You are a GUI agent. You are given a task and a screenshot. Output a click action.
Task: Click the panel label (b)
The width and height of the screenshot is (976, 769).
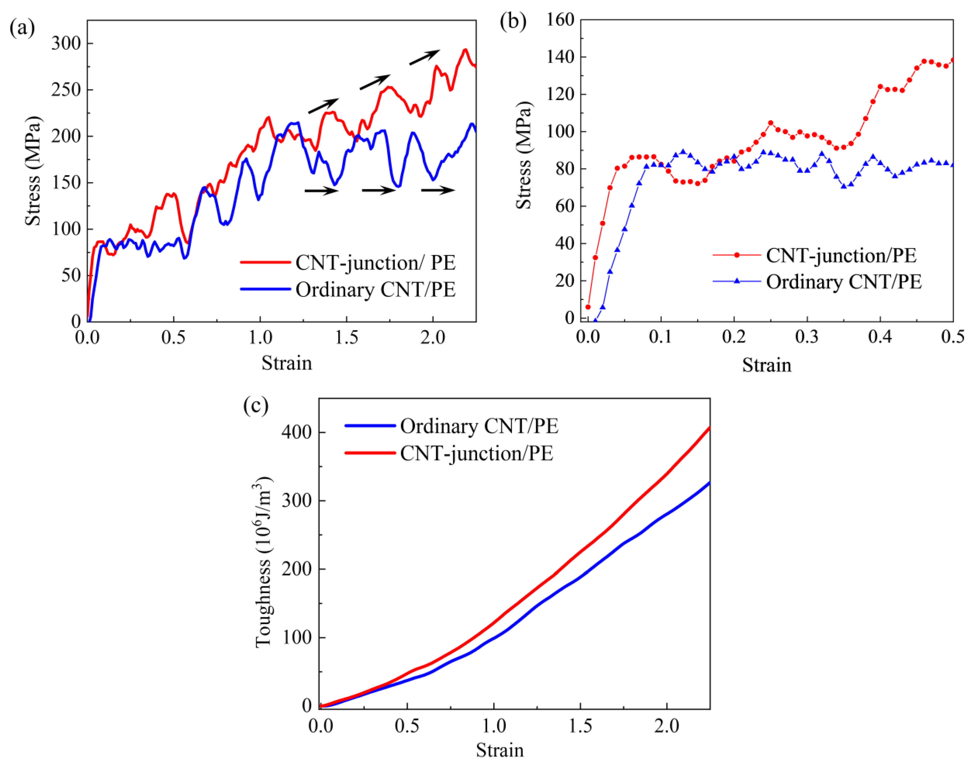513,22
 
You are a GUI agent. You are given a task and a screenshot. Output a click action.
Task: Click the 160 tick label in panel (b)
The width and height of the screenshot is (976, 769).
560,20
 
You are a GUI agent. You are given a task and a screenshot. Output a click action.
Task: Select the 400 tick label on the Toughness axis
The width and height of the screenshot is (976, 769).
296,432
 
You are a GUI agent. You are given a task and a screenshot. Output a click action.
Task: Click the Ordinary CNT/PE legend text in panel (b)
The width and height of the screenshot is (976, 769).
844,282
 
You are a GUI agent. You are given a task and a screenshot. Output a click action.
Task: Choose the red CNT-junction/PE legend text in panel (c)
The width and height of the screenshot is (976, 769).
477,453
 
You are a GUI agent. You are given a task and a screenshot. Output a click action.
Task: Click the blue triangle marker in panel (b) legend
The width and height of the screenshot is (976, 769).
737,281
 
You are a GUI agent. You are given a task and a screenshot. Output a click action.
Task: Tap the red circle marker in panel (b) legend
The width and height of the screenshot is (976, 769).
737,255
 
